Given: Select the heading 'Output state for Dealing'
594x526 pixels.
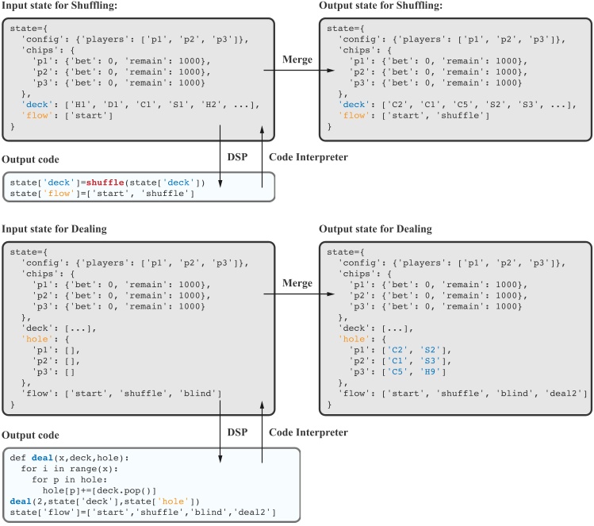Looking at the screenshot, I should [x=375, y=229].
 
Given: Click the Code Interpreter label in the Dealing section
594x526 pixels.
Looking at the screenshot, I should [x=308, y=432].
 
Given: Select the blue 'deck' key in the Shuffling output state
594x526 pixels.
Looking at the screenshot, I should [x=351, y=105].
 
